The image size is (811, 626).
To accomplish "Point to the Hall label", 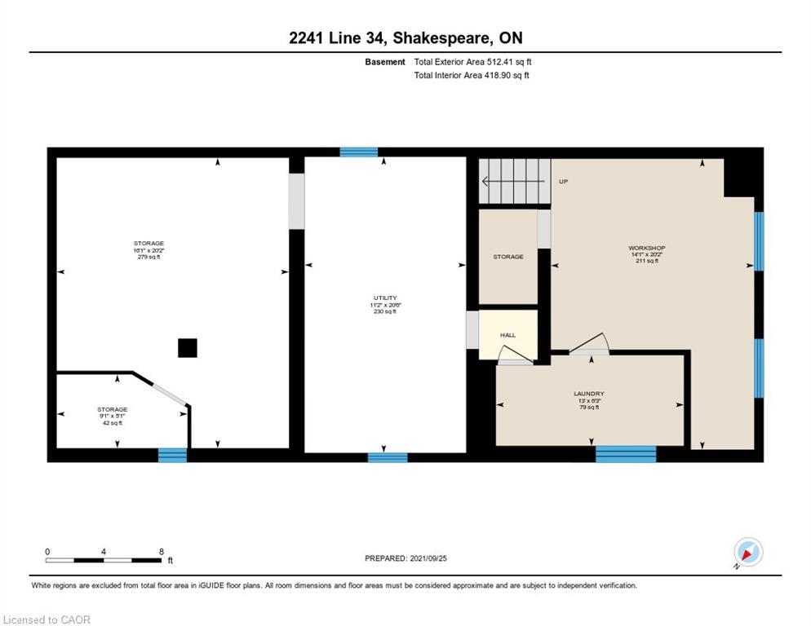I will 507,335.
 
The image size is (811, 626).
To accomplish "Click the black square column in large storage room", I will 188,348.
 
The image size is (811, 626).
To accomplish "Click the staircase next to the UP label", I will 514,181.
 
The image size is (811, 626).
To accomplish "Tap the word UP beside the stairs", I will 563,182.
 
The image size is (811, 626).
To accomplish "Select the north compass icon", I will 747,553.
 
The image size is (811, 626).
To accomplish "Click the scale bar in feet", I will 103,560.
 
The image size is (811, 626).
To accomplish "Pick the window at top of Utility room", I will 359,152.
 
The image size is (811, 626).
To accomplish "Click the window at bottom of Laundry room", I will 626,454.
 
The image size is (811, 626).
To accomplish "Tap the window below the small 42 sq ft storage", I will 172,456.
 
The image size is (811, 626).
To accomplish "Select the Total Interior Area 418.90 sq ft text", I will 472,75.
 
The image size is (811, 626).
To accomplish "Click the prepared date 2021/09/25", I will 405,558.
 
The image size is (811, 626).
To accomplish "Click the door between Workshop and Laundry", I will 589,346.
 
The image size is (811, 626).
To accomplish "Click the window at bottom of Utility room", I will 388,457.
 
